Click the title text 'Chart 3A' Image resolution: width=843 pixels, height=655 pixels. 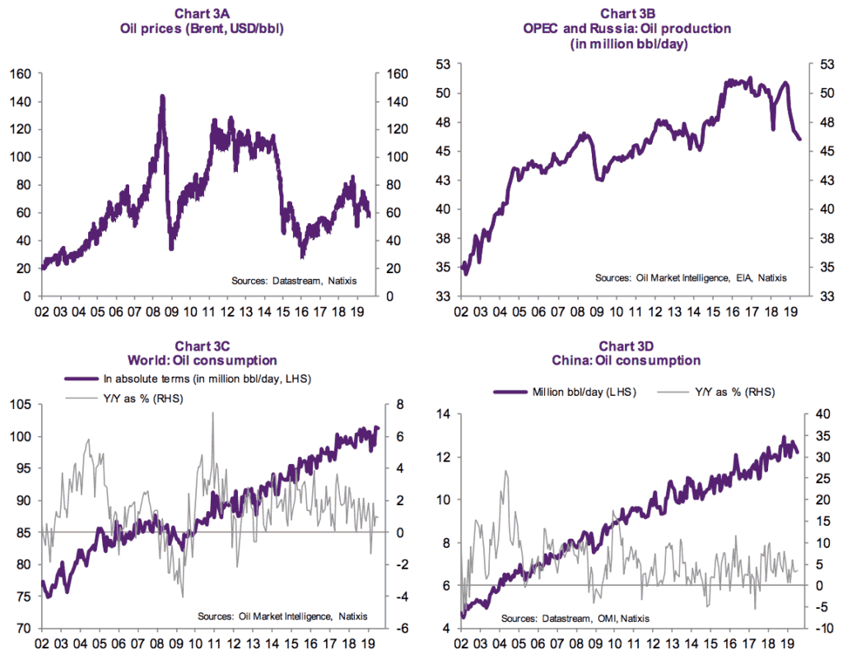tap(205, 13)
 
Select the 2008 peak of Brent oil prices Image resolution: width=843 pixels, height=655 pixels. tap(162, 97)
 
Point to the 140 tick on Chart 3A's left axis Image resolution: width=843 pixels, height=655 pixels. tap(20, 102)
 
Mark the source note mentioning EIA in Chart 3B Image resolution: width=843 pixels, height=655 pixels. tap(691, 279)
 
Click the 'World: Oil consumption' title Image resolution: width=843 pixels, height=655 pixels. tap(205, 360)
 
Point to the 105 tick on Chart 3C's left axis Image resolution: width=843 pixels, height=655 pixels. tap(20, 404)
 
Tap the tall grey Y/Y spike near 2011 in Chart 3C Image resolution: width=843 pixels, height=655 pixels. tap(212, 414)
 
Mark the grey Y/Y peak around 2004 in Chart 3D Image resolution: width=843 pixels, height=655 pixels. tap(505, 472)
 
